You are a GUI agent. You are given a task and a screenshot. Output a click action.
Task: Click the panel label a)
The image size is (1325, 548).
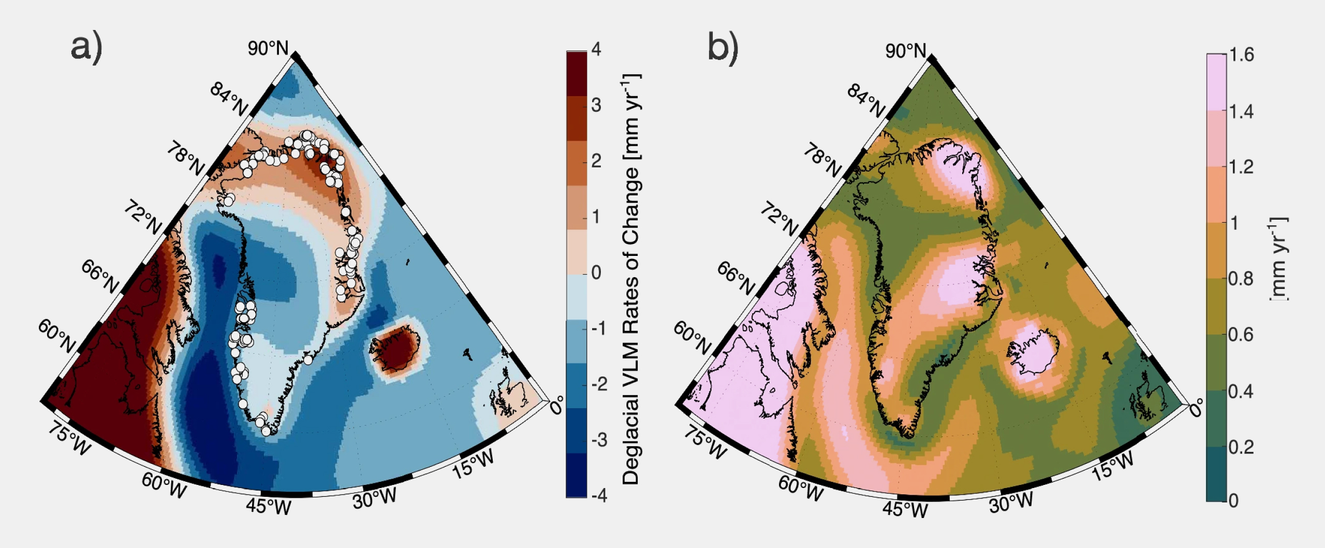[86, 48]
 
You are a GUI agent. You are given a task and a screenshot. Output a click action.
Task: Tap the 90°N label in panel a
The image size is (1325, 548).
[268, 48]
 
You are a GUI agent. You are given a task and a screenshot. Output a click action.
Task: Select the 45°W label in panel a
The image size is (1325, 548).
[269, 506]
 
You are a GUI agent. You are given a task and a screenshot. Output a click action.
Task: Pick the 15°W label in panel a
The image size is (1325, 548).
[473, 463]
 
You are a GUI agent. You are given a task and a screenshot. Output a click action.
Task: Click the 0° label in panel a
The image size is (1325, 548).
[556, 405]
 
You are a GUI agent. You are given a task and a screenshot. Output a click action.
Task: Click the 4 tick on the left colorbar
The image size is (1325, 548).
[596, 50]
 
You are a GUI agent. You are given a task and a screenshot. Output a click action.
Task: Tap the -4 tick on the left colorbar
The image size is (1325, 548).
[598, 496]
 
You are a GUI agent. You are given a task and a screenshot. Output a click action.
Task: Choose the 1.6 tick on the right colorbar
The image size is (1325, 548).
[1241, 55]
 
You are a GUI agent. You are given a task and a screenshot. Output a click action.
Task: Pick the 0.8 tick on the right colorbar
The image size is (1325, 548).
[1241, 279]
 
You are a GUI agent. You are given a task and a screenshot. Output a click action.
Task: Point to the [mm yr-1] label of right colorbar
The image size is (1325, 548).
[1278, 258]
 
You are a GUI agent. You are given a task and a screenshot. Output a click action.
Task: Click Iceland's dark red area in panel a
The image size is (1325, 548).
[396, 348]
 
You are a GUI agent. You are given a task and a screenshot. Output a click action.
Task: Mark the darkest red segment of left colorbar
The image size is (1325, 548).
[576, 73]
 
